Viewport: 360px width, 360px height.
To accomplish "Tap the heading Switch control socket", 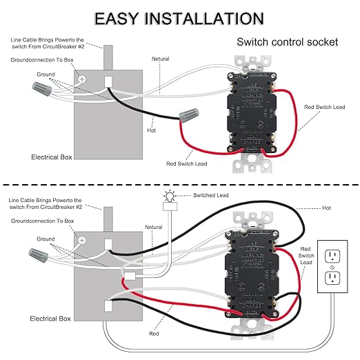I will pos(287,42).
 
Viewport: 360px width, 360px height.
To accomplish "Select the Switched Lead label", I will pos(214,197).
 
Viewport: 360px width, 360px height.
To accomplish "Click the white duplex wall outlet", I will pos(334,267).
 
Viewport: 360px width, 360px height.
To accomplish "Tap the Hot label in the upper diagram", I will pos(152,130).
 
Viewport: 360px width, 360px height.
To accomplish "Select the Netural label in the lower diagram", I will pos(154,227).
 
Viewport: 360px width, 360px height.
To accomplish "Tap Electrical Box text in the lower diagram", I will pos(50,319).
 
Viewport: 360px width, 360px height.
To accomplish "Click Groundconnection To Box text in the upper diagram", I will pos(43,61).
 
